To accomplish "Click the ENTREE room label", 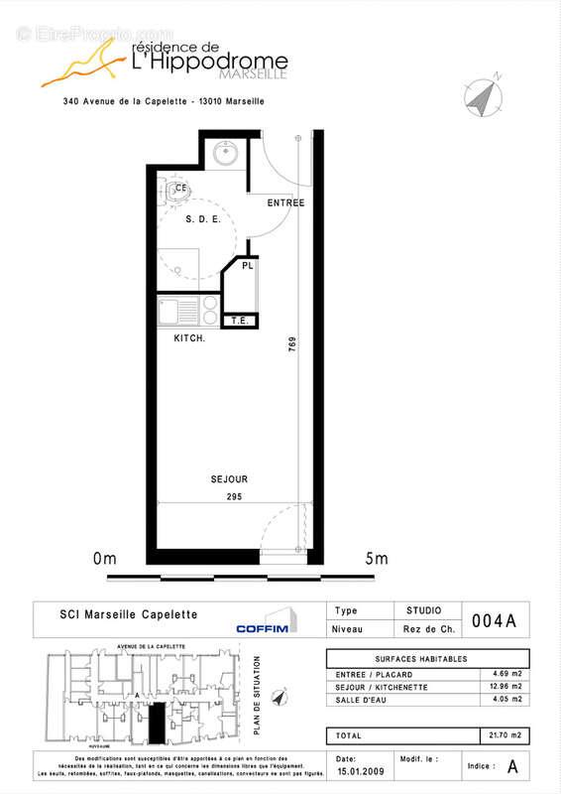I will [x=285, y=202].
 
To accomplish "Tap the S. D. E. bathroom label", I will [x=203, y=219].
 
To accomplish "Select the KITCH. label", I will [x=189, y=339].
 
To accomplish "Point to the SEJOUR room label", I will [x=229, y=479].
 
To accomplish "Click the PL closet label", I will [x=248, y=266].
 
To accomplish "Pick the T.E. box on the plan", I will [x=240, y=321].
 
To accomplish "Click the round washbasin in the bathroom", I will [x=223, y=154].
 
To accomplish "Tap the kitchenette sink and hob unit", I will [x=189, y=311].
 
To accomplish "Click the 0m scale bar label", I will [x=104, y=559].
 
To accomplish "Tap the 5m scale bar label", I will [x=376, y=559].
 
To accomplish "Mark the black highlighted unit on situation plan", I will [x=157, y=722].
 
